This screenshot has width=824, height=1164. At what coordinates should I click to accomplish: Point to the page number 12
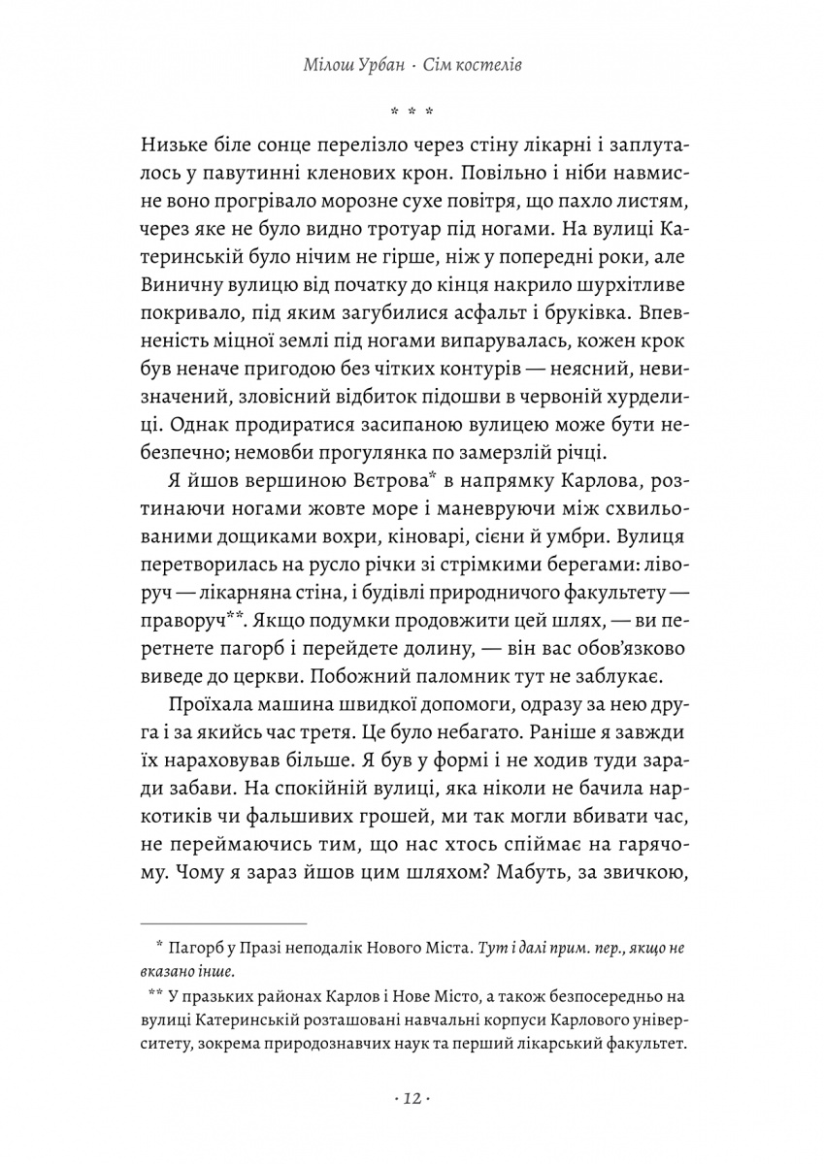coord(412,1099)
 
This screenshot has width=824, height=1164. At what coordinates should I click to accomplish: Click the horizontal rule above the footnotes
coord(223,923)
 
